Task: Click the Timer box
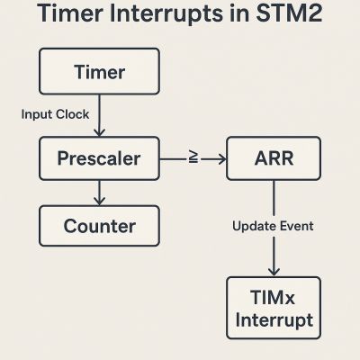click(99, 71)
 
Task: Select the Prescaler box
click(99, 158)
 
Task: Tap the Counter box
click(99, 226)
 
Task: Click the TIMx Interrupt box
click(273, 308)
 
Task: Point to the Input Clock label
click(55, 114)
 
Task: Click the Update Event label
click(273, 225)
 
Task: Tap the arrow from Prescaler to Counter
click(99, 192)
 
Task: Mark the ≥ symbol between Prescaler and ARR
click(193, 157)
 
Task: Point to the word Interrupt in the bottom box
click(273, 319)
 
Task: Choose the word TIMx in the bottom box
click(273, 297)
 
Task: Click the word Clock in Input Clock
click(72, 114)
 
